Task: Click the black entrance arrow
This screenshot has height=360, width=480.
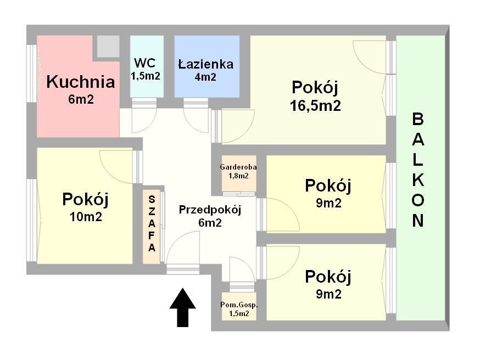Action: click(x=182, y=308)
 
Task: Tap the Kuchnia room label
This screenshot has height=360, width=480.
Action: click(x=81, y=82)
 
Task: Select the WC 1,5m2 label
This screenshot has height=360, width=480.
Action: click(x=146, y=69)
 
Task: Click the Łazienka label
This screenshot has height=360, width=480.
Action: click(x=205, y=64)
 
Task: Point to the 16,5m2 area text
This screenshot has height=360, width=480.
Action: click(x=315, y=105)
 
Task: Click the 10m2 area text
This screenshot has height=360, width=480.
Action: click(x=86, y=216)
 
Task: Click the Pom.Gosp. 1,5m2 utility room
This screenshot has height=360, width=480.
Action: click(x=239, y=309)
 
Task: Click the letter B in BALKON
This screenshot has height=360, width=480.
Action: click(x=418, y=119)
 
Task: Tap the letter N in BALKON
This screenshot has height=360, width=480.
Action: click(x=418, y=221)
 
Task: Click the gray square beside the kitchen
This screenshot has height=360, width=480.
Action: click(x=108, y=46)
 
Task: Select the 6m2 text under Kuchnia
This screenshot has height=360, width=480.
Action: click(x=81, y=99)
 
